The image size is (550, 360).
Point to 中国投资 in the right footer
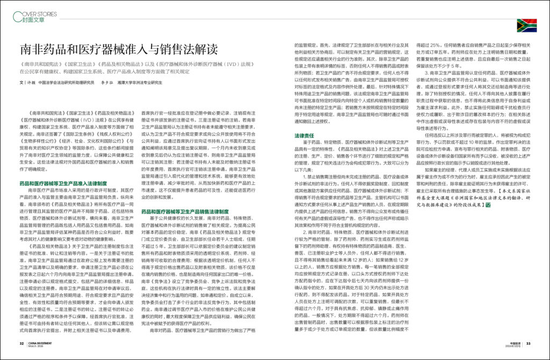(513, 342)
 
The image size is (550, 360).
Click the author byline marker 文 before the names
(20, 83)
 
